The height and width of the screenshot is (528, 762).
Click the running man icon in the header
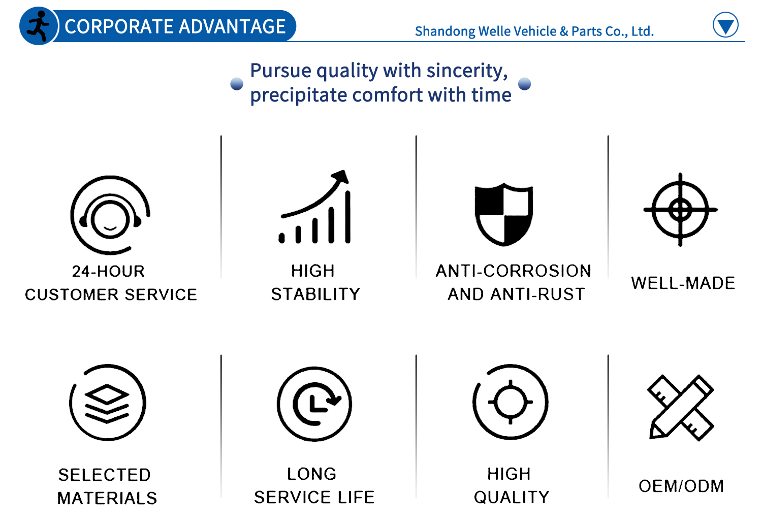pyautogui.click(x=39, y=26)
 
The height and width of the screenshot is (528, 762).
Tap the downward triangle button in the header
pyautogui.click(x=725, y=25)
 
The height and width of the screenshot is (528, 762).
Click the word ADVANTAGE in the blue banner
pyautogui.click(x=232, y=26)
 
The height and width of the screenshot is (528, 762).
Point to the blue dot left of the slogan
pyautogui.click(x=237, y=84)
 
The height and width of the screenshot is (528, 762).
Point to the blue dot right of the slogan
pyautogui.click(x=525, y=84)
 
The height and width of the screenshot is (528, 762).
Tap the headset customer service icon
pyautogui.click(x=110, y=215)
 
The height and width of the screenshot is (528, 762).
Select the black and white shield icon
pyautogui.click(x=504, y=214)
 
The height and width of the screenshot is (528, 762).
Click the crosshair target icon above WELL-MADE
pyautogui.click(x=680, y=210)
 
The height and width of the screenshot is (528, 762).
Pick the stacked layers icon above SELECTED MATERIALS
pyautogui.click(x=108, y=403)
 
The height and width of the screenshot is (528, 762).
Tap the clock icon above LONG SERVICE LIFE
pyautogui.click(x=314, y=404)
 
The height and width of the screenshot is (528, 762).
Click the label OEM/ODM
pyautogui.click(x=681, y=486)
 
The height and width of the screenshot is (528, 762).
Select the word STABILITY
pyautogui.click(x=315, y=294)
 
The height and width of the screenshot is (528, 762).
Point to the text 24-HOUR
pyautogui.click(x=109, y=271)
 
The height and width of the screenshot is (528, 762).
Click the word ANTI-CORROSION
pyautogui.click(x=514, y=271)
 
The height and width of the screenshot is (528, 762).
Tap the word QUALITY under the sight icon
pyautogui.click(x=512, y=497)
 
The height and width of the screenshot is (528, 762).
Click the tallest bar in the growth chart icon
pyautogui.click(x=347, y=217)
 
